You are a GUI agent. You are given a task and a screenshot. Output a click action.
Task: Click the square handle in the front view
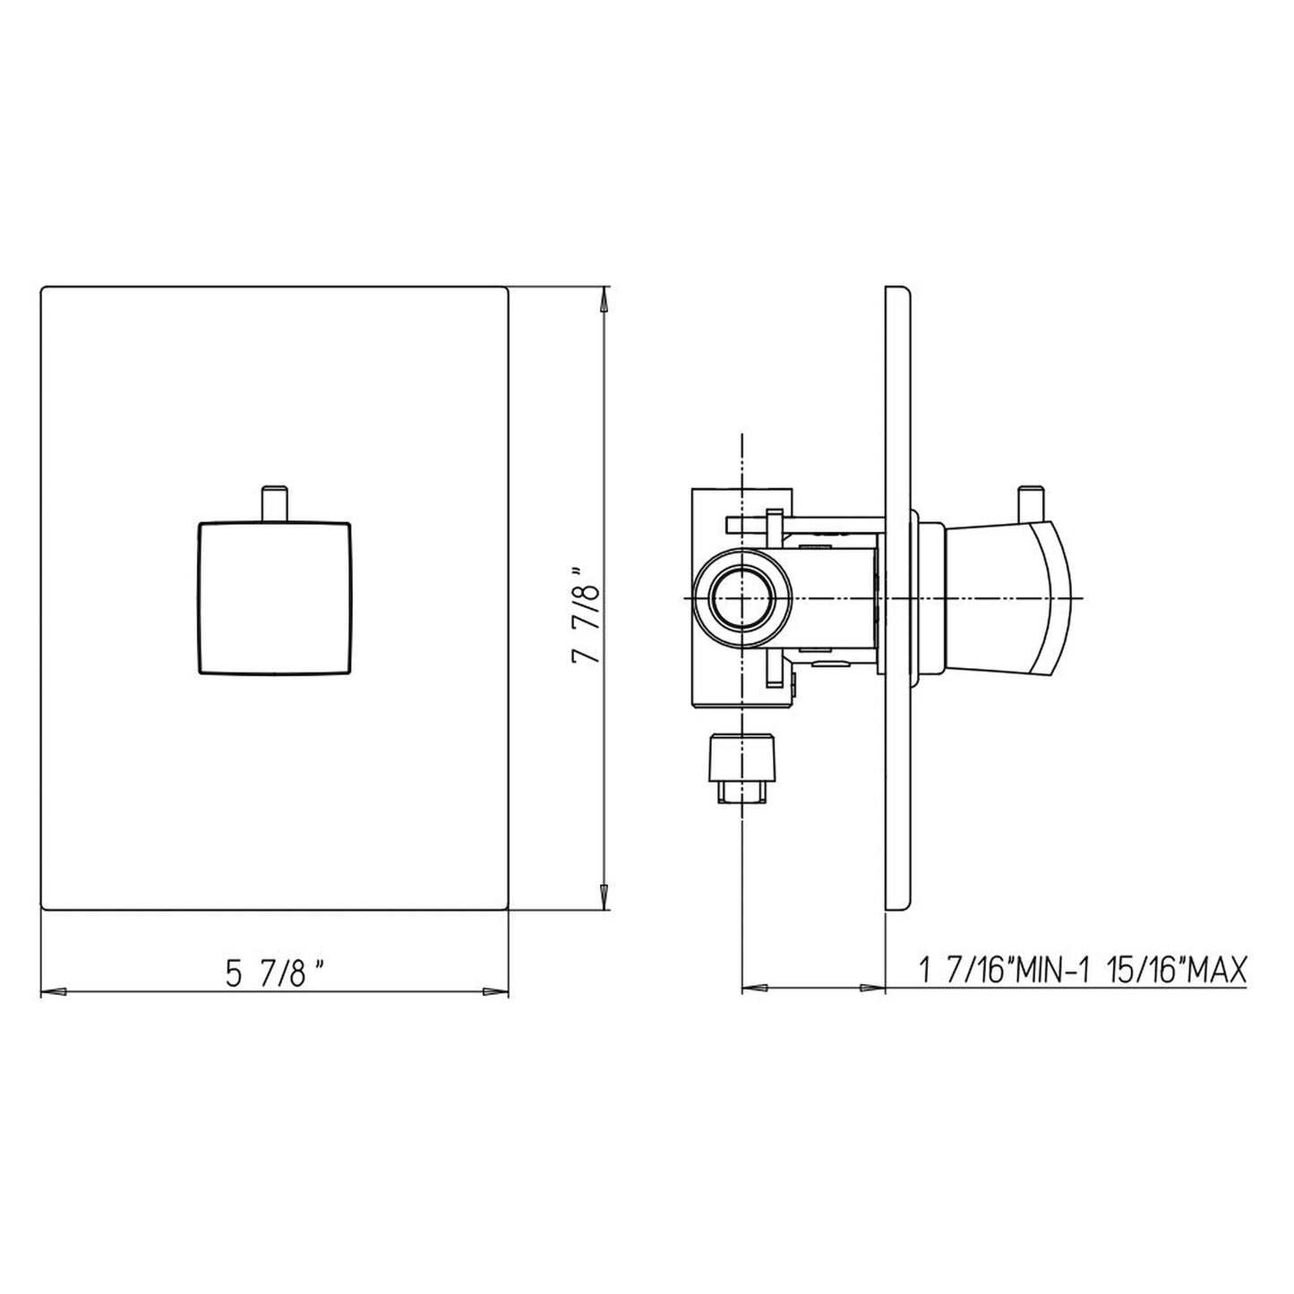click(273, 596)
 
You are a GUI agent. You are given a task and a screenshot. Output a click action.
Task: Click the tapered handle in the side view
click(1007, 597)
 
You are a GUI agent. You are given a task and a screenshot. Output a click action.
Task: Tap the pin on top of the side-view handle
click(1030, 502)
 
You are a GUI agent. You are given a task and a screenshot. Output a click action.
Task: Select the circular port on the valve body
click(742, 597)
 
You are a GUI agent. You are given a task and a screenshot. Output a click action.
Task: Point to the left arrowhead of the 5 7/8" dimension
click(54, 991)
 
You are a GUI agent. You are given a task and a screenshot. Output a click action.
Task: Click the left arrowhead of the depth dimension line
click(755, 989)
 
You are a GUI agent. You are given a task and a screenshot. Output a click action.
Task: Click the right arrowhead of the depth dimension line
click(872, 989)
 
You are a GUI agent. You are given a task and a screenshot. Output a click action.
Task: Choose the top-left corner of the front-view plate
click(44, 288)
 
